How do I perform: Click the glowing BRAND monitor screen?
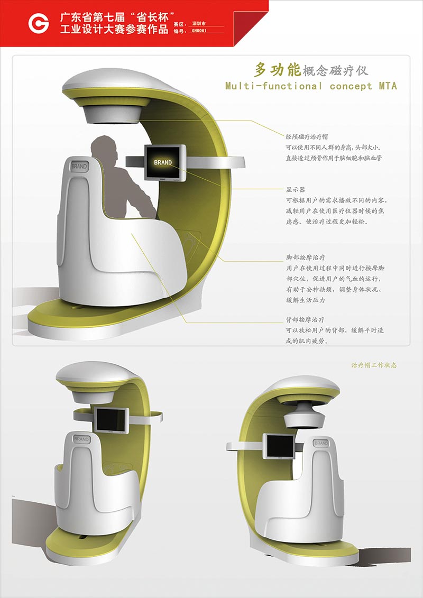163,162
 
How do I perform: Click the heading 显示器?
296,189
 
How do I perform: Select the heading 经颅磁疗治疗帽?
307,136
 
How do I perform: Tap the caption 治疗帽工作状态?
374,365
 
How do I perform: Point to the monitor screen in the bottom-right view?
278,446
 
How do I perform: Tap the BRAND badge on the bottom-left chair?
81,439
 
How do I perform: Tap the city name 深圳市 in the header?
199,24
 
